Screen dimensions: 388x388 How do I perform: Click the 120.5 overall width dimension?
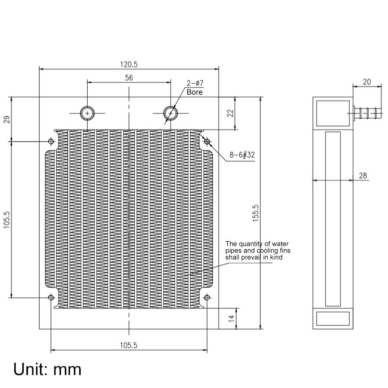[129, 64]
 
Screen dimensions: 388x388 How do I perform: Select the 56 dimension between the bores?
[129, 78]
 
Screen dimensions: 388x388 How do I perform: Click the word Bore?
[194, 92]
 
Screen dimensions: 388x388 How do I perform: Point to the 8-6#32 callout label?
[241, 155]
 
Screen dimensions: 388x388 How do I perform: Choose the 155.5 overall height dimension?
[255, 213]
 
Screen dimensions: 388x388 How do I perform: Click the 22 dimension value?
[230, 113]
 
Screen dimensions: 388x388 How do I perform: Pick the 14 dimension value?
[230, 318]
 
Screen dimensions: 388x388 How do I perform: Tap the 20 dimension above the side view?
[367, 81]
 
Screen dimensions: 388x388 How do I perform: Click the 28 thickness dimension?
[363, 176]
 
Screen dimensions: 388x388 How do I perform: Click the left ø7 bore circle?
[87, 113]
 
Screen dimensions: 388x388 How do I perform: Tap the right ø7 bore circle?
[170, 113]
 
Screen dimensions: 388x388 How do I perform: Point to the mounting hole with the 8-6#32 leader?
[207, 141]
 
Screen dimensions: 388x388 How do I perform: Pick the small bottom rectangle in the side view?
[333, 319]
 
